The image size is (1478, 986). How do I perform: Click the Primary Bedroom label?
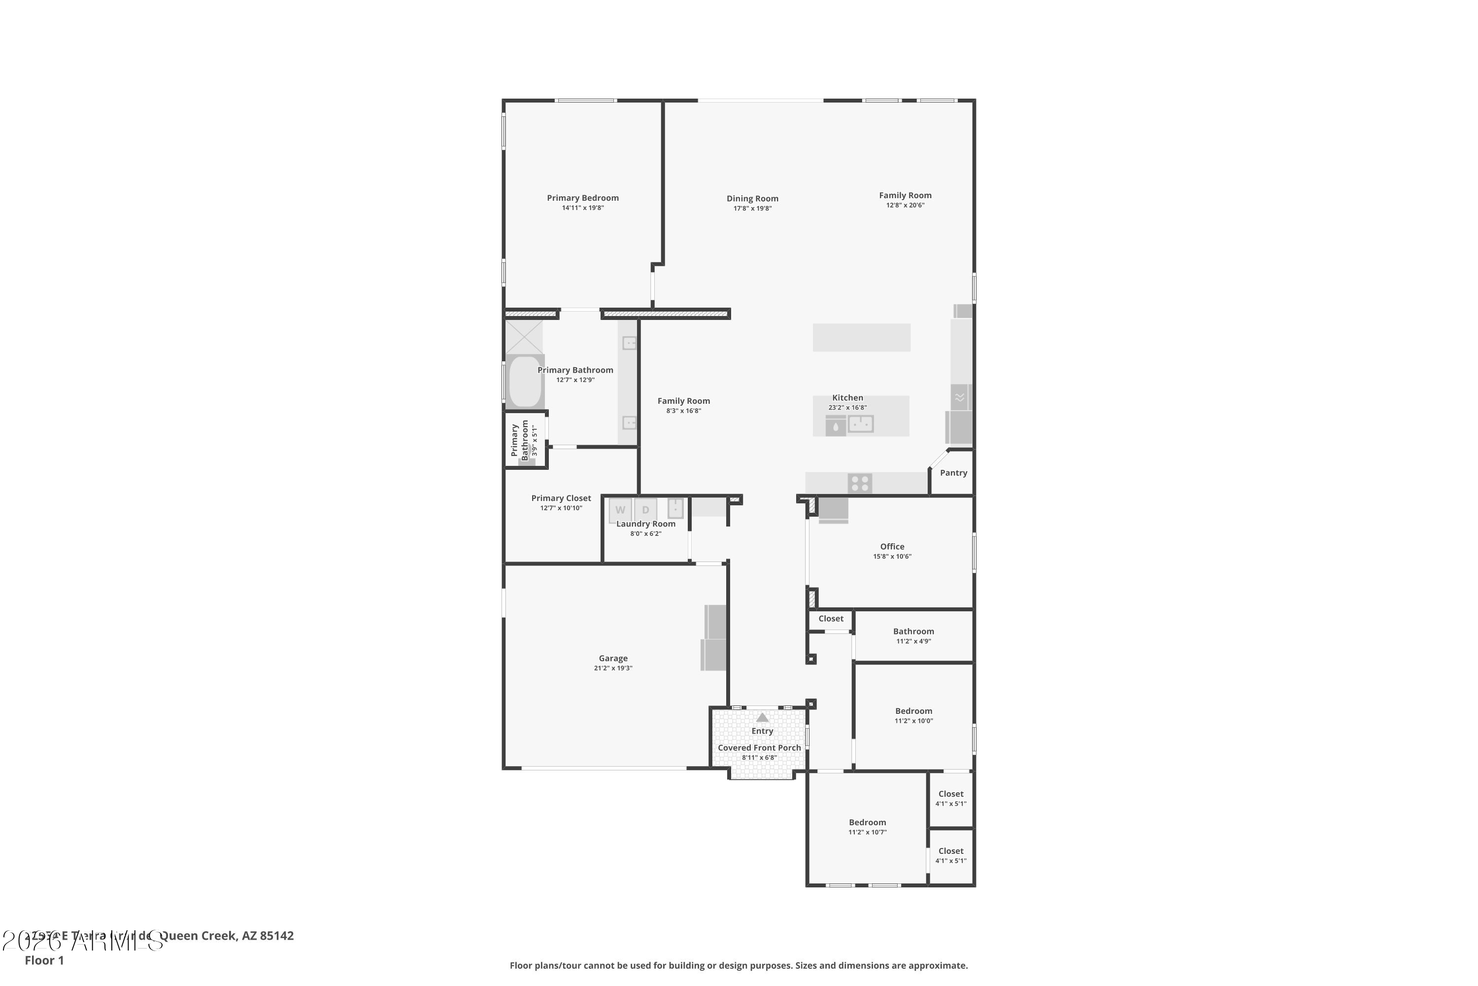(x=582, y=198)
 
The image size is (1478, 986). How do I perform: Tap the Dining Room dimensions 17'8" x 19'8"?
(x=752, y=209)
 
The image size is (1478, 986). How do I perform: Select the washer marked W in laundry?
(x=620, y=510)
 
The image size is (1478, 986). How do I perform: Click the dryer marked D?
(x=645, y=510)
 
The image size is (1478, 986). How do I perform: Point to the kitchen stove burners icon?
(x=860, y=484)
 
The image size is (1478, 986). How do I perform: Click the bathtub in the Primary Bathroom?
(x=525, y=382)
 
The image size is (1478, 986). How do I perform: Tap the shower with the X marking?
(x=524, y=337)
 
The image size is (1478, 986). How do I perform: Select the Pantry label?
(x=953, y=473)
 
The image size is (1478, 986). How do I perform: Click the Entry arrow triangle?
(x=762, y=717)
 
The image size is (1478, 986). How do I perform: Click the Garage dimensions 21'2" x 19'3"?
(x=613, y=669)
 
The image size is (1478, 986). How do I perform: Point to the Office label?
(x=892, y=546)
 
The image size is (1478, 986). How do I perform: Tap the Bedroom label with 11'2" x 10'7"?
(x=867, y=822)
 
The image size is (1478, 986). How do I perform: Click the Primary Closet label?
(x=561, y=498)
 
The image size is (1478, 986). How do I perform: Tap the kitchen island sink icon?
(x=860, y=424)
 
